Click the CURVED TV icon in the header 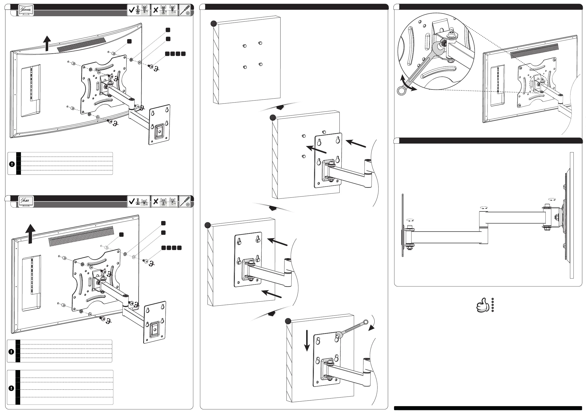click(26, 10)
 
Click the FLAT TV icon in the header click(26, 201)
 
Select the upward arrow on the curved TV click(47, 43)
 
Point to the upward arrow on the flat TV click(31, 234)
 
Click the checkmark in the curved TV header click(132, 10)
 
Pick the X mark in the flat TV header click(156, 201)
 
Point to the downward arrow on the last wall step click(307, 340)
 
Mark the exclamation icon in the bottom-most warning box click(11, 388)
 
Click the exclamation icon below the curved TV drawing click(12, 164)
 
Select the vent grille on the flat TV click(81, 236)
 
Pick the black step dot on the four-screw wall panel click(214, 24)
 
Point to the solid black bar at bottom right click(488, 408)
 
